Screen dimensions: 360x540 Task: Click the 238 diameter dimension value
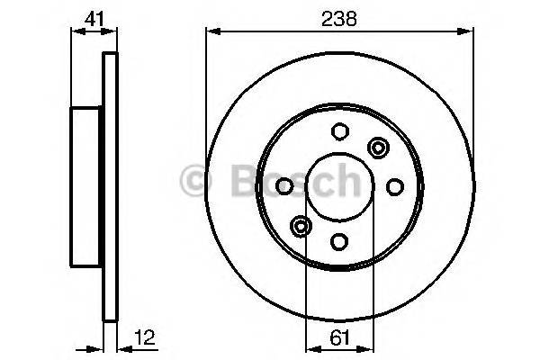pos(340,17)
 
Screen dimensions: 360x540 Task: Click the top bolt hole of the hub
pos(339,131)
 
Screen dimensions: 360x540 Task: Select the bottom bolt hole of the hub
pos(339,241)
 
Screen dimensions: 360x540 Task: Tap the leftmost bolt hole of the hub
pos(284,186)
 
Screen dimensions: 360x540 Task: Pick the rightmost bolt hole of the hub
pos(394,186)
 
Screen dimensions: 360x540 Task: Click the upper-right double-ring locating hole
pos(377,148)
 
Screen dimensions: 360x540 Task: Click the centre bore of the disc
pos(339,186)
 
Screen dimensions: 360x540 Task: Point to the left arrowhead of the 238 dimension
pos(212,32)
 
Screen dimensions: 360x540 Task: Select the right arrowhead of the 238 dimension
pos(469,32)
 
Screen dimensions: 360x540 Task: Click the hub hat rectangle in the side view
pos(87,186)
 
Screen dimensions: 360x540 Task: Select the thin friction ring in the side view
pos(111,186)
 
